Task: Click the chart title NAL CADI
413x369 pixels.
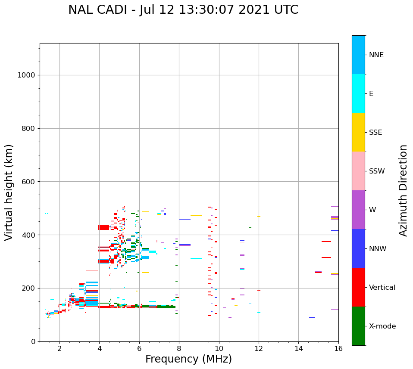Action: pos(183,10)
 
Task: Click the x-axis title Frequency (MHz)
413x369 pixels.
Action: pos(188,359)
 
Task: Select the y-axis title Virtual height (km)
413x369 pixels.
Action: pos(9,192)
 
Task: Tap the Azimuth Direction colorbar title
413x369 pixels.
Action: pos(403,190)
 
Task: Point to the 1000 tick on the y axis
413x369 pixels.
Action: pos(26,75)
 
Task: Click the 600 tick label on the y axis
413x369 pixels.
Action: pos(28,182)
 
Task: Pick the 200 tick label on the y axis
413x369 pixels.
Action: pos(28,288)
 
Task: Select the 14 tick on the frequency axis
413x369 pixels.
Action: pos(298,348)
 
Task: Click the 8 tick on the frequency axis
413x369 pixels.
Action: pos(179,348)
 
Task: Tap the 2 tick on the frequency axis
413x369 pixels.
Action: pos(59,348)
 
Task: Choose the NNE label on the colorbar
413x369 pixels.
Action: pos(376,55)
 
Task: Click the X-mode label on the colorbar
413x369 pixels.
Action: pos(382,326)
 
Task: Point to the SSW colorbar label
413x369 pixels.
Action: pos(376,171)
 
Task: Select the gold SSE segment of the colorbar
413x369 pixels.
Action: pos(358,132)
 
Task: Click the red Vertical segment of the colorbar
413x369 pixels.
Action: pos(358,287)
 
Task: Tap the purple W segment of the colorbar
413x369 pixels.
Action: pos(358,210)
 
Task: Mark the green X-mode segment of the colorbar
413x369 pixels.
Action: pos(358,326)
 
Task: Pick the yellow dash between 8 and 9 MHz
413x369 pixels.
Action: pos(196,216)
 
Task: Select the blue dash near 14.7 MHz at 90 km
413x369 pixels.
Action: pos(312,317)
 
